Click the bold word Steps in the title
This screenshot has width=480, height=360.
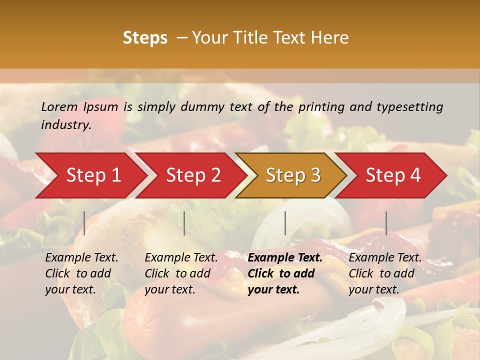tap(145, 38)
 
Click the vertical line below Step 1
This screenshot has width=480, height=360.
tap(84, 223)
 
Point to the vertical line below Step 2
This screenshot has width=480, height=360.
tap(184, 223)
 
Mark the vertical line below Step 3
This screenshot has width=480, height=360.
tap(285, 223)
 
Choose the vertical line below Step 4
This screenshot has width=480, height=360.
tap(386, 223)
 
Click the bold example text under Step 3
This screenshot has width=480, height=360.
tap(285, 273)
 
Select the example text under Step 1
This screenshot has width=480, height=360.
tap(81, 273)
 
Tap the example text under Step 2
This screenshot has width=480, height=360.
tap(181, 273)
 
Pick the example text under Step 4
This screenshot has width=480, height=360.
tap(385, 273)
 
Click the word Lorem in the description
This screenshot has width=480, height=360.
tap(59, 107)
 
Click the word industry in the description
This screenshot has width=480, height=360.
tap(65, 125)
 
